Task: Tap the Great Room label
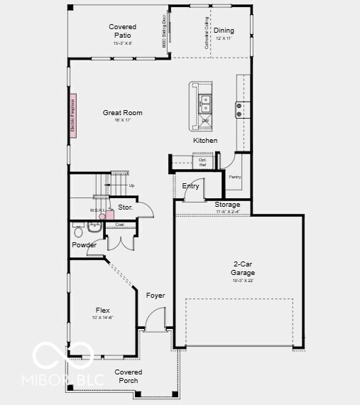pyautogui.click(x=122, y=113)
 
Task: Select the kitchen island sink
pyautogui.click(x=204, y=104)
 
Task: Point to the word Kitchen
pyautogui.click(x=205, y=141)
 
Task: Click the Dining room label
pyautogui.click(x=224, y=31)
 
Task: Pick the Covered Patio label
pyautogui.click(x=122, y=31)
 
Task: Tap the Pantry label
pyautogui.click(x=234, y=176)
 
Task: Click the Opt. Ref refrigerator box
pyautogui.click(x=202, y=163)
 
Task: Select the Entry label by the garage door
pyautogui.click(x=190, y=186)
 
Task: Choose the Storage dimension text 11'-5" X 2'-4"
pyautogui.click(x=227, y=211)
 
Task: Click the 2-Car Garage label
pyautogui.click(x=242, y=268)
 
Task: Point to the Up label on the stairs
pyautogui.click(x=131, y=185)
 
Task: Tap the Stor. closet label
pyautogui.click(x=125, y=207)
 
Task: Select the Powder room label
pyautogui.click(x=84, y=245)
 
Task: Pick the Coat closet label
pyautogui.click(x=119, y=225)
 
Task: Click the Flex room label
pyautogui.click(x=103, y=310)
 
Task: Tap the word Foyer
pyautogui.click(x=156, y=295)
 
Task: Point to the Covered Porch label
pyautogui.click(x=129, y=376)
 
